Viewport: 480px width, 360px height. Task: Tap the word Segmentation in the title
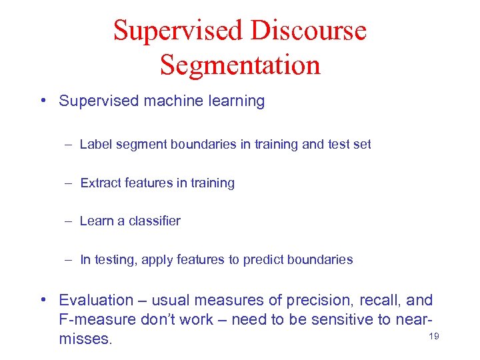tap(240, 65)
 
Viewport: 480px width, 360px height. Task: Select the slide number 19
tap(433, 337)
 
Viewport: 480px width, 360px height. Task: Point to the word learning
tap(236, 101)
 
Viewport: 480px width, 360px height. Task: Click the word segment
tap(138, 144)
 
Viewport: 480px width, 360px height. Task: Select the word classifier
tap(155, 221)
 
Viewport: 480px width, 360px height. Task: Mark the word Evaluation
tap(96, 301)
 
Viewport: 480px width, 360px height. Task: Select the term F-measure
tap(97, 320)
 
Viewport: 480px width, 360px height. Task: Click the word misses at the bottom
tap(86, 339)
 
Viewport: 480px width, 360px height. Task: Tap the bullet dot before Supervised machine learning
tap(43, 101)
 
